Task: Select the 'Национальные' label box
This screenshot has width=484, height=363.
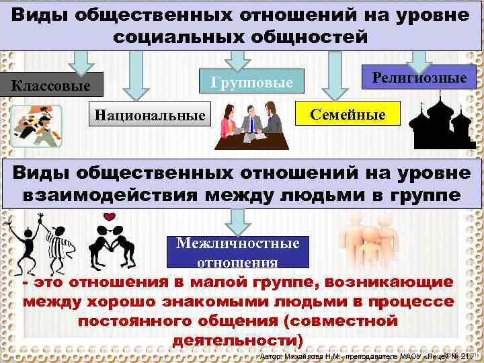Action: pos(150,114)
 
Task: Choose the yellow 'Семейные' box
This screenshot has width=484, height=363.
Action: pos(348,114)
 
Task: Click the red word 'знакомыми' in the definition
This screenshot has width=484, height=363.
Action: pos(157,302)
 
